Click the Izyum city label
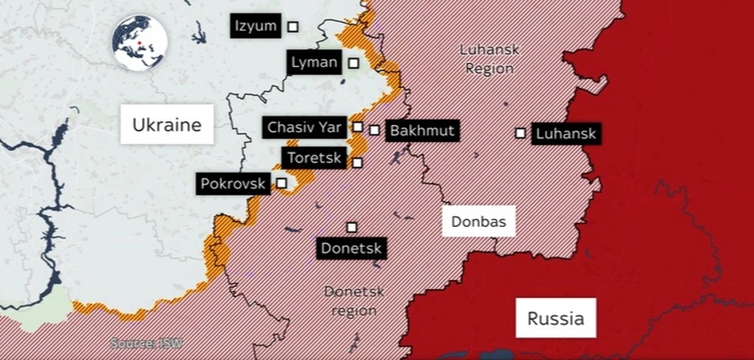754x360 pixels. [255, 27]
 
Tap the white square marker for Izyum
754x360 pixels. [293, 27]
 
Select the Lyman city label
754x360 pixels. [314, 63]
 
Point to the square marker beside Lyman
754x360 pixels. [354, 63]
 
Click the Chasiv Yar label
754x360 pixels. [305, 127]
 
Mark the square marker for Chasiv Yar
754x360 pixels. [358, 126]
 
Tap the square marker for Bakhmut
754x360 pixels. [375, 130]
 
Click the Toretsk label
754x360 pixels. [313, 157]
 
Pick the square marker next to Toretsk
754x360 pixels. [358, 163]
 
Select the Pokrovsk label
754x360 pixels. [232, 183]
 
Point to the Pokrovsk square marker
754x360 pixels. [282, 182]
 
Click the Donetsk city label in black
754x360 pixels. [351, 248]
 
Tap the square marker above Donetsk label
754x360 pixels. [352, 227]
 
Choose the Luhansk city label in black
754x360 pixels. [565, 134]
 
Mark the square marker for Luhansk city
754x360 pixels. [520, 133]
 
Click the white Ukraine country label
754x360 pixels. [166, 125]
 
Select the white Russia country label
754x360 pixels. [555, 319]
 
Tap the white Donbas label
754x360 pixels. [478, 220]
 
